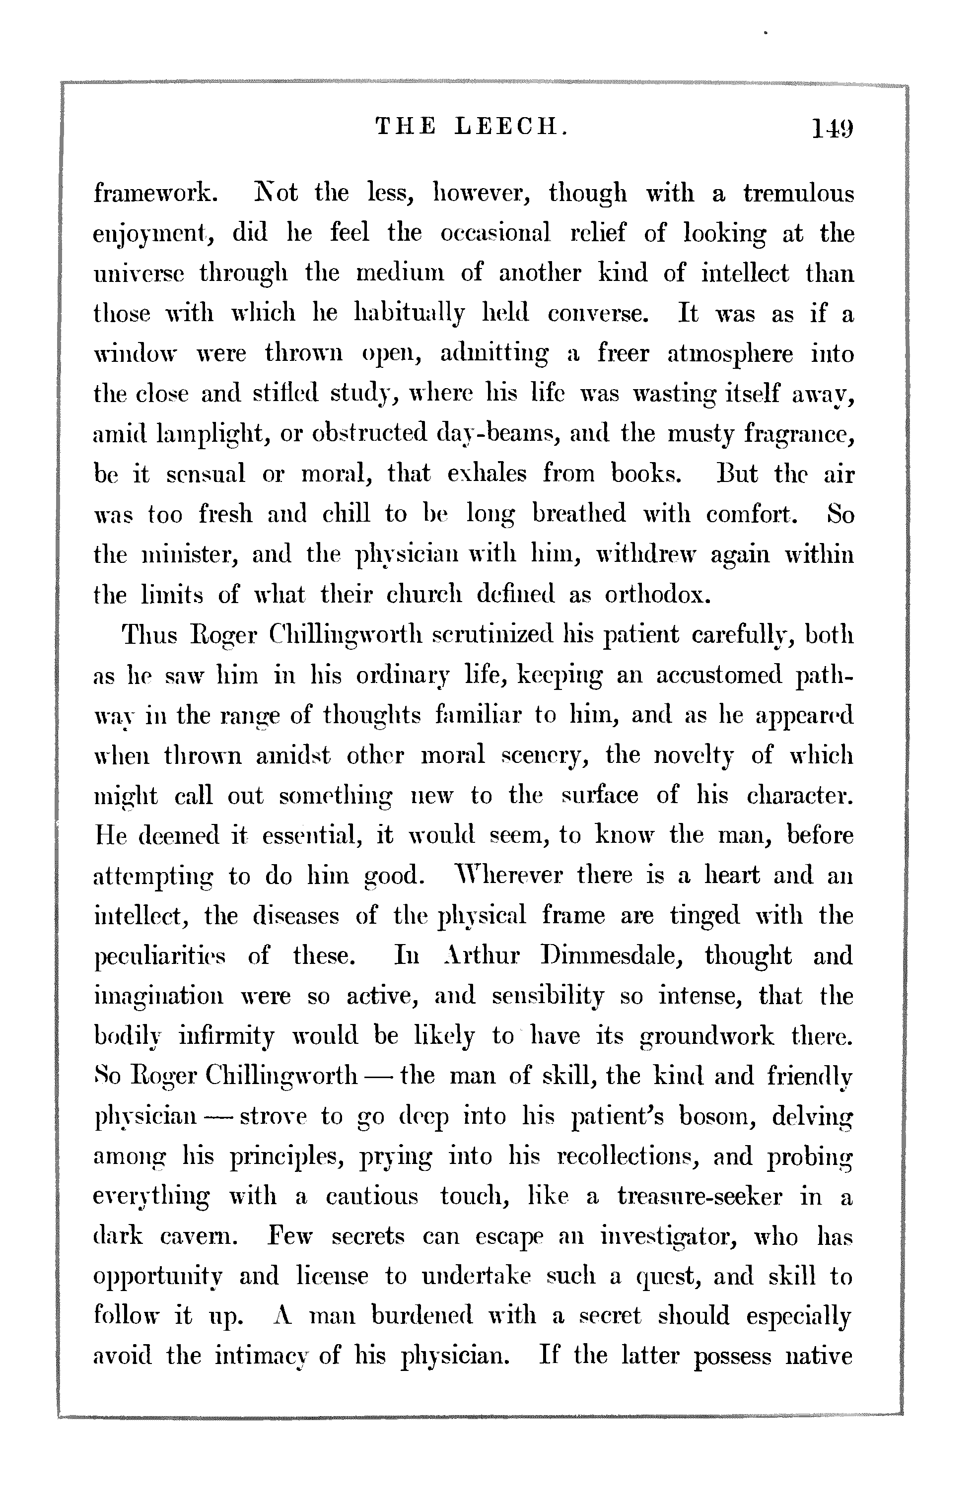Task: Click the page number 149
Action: point(833,130)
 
